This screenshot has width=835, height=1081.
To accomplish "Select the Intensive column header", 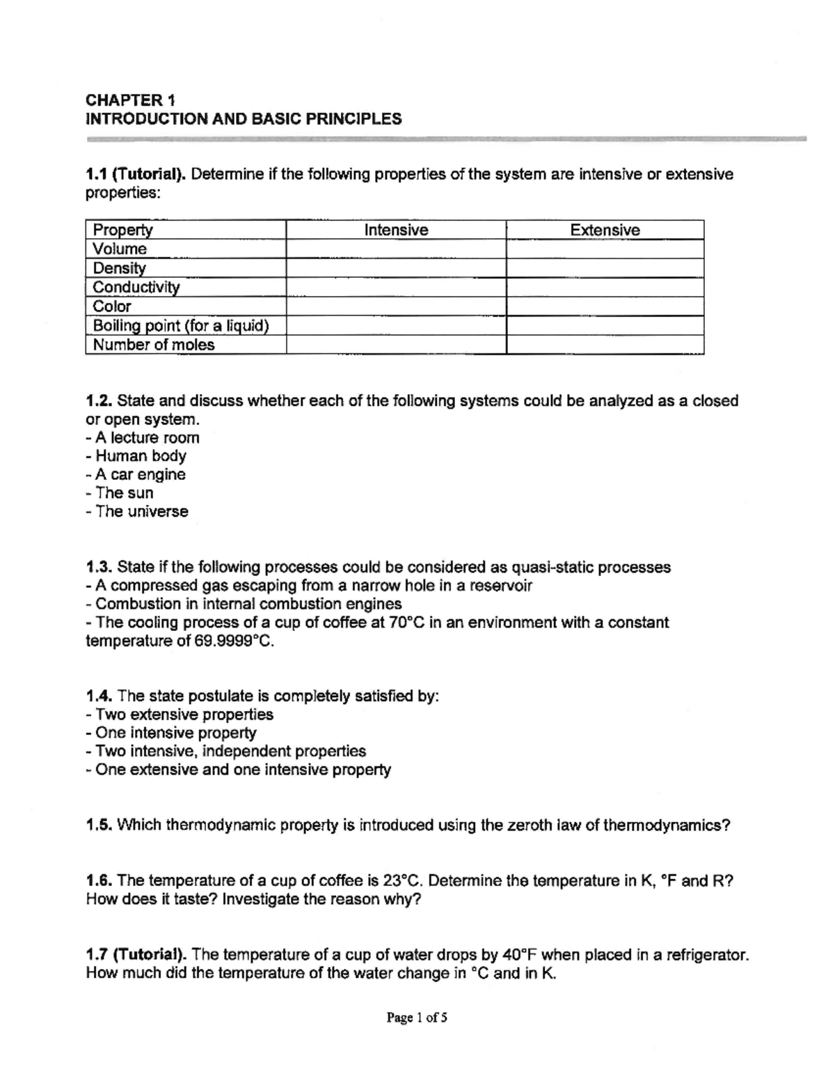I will point(396,230).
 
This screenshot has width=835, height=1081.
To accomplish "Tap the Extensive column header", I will point(605,230).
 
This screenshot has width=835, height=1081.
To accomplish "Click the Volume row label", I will point(120,249).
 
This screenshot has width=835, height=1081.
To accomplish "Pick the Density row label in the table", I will point(120,268).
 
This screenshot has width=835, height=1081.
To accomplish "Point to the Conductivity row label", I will point(136,287).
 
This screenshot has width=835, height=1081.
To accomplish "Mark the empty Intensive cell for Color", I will point(396,306).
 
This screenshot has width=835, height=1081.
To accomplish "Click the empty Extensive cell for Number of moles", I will point(605,345).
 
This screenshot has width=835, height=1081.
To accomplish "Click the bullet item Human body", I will point(141,456).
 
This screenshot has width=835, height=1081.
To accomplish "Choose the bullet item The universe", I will point(142,511).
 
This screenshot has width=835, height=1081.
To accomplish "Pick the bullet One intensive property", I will point(175,733).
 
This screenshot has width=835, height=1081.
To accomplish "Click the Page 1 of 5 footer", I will point(417,1018).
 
